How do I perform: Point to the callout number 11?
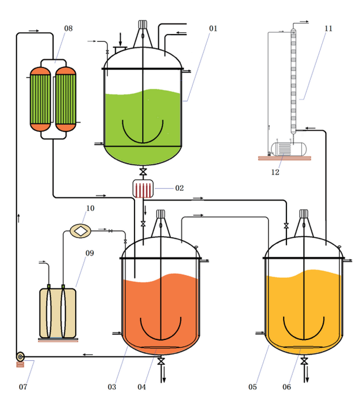point(328,28)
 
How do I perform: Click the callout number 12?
point(275,173)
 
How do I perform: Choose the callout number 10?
point(90,208)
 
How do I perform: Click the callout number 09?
point(89,253)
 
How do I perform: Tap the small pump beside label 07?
point(20,356)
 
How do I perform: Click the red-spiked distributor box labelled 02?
point(143,188)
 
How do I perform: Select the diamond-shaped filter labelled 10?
point(82,230)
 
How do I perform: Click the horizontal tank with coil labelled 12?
point(287,149)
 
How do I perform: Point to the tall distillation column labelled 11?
point(294,79)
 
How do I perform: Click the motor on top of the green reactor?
point(142,25)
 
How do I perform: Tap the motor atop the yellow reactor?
point(304,214)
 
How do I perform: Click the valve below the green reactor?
point(143,171)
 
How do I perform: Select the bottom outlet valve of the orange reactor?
point(161,361)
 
